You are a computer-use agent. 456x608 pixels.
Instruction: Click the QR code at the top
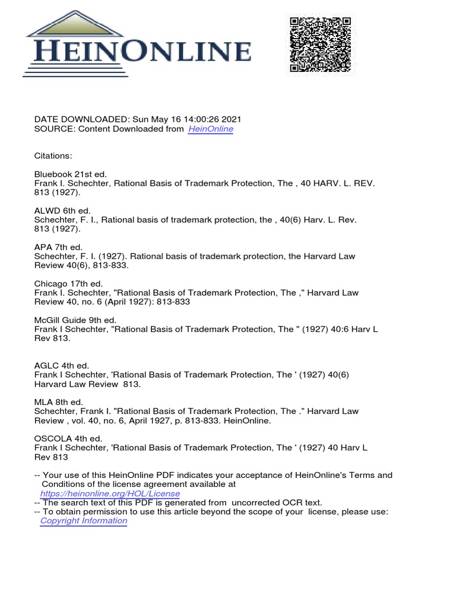point(320,45)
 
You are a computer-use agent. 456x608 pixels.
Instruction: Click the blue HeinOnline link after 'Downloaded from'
point(210,129)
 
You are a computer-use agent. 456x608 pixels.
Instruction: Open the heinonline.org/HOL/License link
point(110,493)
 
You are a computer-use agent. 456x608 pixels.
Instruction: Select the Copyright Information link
point(84,521)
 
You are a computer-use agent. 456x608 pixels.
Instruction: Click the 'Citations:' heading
point(53,156)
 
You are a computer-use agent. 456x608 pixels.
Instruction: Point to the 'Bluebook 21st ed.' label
point(70,174)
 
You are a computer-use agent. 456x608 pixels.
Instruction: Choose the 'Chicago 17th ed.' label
point(68,284)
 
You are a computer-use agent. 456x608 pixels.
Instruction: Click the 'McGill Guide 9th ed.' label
point(75,320)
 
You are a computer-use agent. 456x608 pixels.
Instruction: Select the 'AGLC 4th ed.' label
point(62,366)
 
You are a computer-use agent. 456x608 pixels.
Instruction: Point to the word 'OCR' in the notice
point(288,502)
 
